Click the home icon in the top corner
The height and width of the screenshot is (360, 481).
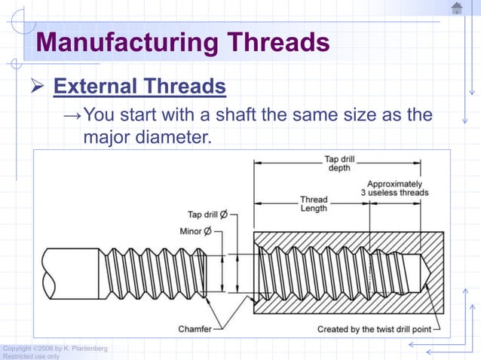pyautogui.click(x=457, y=8)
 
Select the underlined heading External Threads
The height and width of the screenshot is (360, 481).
pyautogui.click(x=139, y=87)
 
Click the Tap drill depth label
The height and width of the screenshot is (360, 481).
pyautogui.click(x=340, y=163)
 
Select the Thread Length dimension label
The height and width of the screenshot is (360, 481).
pyautogui.click(x=314, y=204)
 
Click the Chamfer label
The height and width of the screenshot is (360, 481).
pyautogui.click(x=195, y=328)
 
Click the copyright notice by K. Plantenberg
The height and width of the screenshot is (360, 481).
pyautogui.click(x=54, y=348)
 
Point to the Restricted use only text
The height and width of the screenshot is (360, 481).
pyautogui.click(x=31, y=356)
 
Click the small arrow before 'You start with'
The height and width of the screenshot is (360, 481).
pyautogui.click(x=72, y=116)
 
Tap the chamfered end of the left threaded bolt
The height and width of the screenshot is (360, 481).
pyautogui.click(x=204, y=272)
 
